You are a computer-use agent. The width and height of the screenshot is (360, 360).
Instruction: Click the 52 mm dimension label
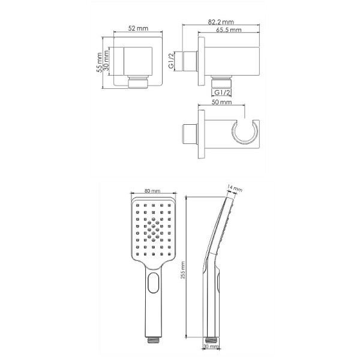[138, 28]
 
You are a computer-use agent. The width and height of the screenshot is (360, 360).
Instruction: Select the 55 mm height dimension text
[99, 62]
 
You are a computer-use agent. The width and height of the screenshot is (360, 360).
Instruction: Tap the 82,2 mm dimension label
[221, 22]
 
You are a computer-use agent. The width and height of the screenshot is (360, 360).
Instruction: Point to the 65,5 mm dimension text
[229, 30]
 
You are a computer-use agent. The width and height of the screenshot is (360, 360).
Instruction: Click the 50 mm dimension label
[221, 102]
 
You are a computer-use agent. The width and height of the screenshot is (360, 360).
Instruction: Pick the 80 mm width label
[152, 191]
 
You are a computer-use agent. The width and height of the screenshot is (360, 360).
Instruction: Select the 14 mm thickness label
[235, 188]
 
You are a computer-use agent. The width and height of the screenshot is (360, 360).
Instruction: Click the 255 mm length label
[183, 270]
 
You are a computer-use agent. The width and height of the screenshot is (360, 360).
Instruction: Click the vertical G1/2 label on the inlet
[171, 61]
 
